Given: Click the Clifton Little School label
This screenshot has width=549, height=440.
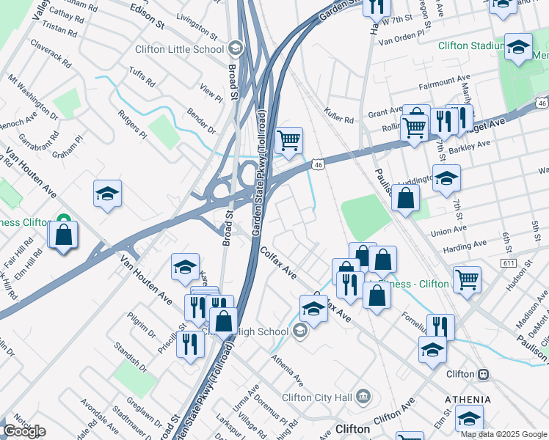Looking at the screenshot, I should coord(179,49).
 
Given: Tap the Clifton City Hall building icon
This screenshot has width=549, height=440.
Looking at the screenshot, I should coord(363,397).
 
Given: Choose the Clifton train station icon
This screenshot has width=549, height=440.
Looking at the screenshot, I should coord(483,374).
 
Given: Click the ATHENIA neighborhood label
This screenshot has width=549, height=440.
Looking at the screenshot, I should coord(468,399).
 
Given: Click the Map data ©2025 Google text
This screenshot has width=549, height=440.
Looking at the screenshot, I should coord(503,434).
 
